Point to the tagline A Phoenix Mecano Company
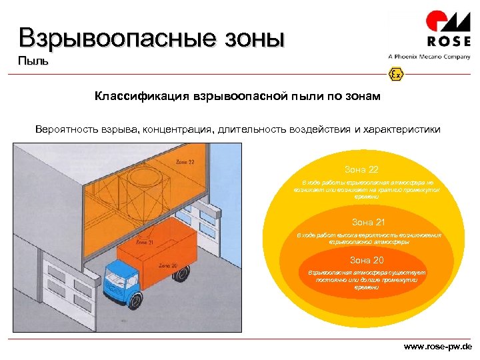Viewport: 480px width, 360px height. (429, 57)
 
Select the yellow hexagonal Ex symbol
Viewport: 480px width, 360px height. (395, 74)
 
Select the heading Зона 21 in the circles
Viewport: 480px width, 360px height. (368, 222)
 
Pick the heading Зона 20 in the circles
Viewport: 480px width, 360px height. (367, 260)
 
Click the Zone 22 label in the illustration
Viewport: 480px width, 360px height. (186, 161)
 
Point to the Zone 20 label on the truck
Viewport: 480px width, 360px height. (168, 266)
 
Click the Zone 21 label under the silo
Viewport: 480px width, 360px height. (147, 243)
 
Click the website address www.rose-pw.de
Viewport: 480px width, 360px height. (438, 347)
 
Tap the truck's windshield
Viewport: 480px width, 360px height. (115, 271)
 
